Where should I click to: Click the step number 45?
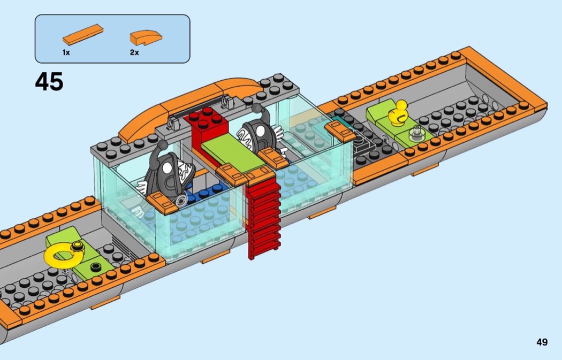49,82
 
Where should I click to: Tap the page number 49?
542,342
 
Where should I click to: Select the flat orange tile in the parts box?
83,34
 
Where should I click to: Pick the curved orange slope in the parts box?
146,37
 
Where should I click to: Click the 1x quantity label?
66,52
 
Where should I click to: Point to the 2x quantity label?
134,52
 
